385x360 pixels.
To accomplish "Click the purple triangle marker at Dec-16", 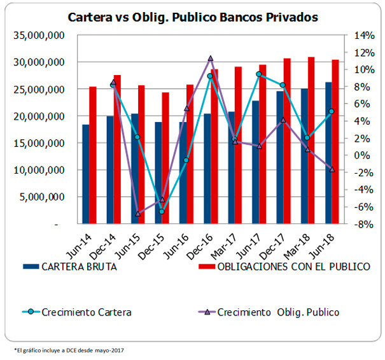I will (x=210, y=59).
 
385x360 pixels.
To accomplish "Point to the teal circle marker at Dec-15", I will (x=162, y=211).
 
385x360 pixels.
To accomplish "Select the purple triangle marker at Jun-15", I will (x=137, y=213).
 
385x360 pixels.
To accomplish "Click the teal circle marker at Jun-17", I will (x=259, y=74).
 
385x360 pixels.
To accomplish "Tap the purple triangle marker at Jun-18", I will (x=331, y=169).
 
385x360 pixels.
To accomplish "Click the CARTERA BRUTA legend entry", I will (x=79, y=267).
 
